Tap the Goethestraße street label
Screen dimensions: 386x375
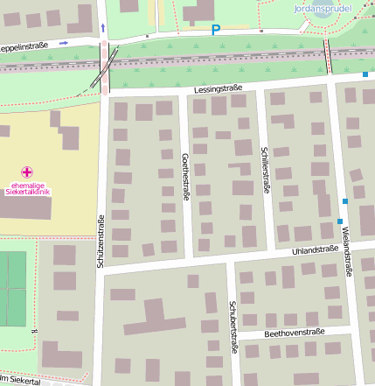(184, 176)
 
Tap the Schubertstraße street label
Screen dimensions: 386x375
(233, 327)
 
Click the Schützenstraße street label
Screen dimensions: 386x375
(102, 240)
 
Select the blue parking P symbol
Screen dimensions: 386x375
(216, 31)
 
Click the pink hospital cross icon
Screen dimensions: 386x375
(27, 172)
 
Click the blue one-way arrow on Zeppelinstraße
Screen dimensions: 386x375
(65, 42)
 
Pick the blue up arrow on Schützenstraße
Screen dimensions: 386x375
(103, 28)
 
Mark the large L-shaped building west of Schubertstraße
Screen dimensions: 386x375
(153, 319)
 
